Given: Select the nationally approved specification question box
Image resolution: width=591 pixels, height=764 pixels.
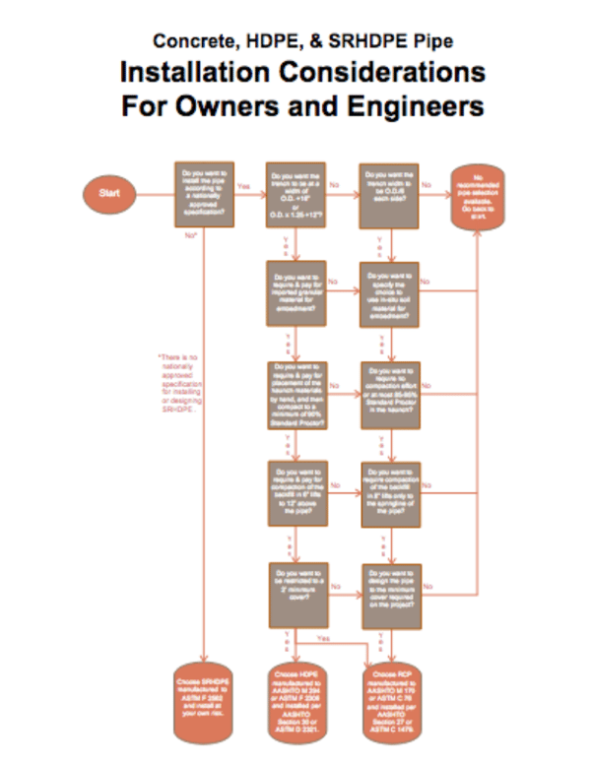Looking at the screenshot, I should click(x=206, y=194).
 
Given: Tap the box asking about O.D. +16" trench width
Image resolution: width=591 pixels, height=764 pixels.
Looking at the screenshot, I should click(x=297, y=194).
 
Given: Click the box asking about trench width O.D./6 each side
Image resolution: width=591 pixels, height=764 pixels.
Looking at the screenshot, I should click(x=391, y=194).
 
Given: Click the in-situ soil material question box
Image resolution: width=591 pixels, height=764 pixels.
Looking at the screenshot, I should click(x=391, y=293).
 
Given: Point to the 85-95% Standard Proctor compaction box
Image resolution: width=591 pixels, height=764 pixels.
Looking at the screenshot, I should click(x=391, y=394).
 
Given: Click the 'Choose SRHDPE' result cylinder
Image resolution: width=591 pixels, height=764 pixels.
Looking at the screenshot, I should click(x=206, y=698).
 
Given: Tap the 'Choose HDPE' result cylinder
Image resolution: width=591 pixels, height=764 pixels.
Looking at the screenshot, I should click(x=297, y=698).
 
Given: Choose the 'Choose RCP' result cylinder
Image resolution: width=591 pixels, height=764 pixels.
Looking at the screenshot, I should click(x=391, y=698).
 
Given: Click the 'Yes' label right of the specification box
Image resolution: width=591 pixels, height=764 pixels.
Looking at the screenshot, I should click(x=244, y=185).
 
